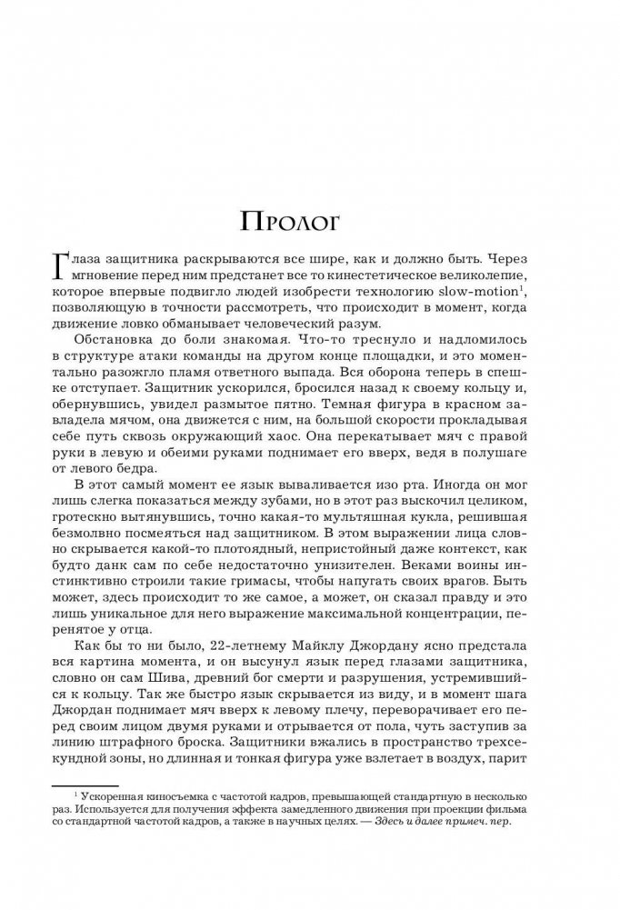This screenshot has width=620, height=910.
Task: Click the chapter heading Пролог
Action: [x=310, y=221]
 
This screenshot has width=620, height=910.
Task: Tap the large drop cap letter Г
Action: [x=64, y=269]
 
